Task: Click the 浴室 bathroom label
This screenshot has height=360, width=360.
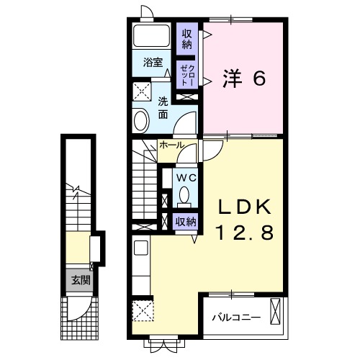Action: [153, 61]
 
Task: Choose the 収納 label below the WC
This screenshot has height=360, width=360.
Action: [186, 221]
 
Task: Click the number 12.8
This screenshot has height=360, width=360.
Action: [245, 234]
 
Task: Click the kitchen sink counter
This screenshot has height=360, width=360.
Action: [140, 266]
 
